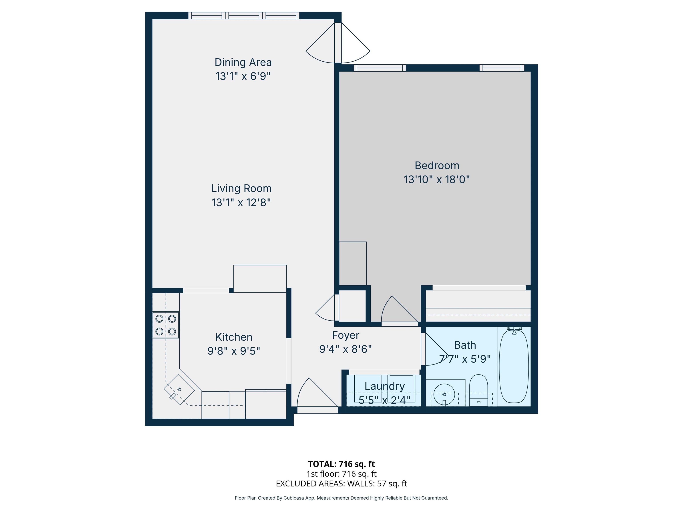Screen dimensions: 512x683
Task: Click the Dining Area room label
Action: pos(243,62)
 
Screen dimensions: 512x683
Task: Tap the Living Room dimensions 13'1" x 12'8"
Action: pos(241,202)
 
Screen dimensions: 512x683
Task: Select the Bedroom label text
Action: pos(437,166)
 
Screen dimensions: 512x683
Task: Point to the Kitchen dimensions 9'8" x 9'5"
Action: pos(234,351)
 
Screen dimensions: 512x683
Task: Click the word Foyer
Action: pos(346,335)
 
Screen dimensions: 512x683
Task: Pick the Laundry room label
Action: pos(384,386)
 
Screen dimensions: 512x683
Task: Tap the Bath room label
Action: pos(465,345)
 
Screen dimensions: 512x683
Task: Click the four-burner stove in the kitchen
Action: pos(166,325)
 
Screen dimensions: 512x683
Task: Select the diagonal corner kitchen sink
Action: pos(179,390)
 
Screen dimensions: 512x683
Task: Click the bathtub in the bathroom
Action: pos(514,366)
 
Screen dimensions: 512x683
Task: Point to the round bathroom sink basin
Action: pos(444,394)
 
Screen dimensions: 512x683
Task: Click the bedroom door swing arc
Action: pos(398,310)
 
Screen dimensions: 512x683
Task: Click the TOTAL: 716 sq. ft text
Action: pos(341,464)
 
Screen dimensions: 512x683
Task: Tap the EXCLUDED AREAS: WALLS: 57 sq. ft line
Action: pos(341,484)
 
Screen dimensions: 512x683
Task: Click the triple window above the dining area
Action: pos(244,15)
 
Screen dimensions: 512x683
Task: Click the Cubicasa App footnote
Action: pos(341,498)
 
